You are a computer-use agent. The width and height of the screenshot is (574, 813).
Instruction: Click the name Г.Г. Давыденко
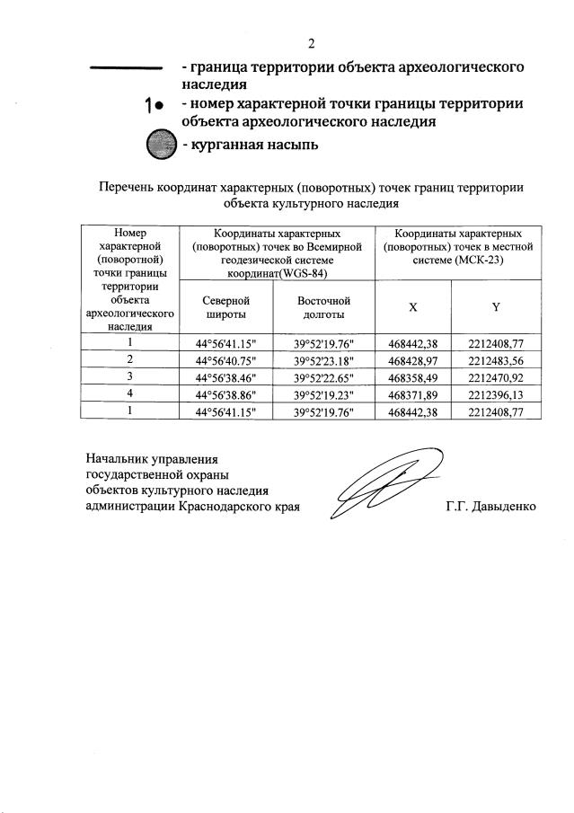click(490, 507)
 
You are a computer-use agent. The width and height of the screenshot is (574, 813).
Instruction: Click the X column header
click(412, 307)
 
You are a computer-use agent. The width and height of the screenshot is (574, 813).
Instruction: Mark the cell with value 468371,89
click(412, 393)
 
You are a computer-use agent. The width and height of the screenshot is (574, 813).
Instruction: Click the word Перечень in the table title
click(127, 187)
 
